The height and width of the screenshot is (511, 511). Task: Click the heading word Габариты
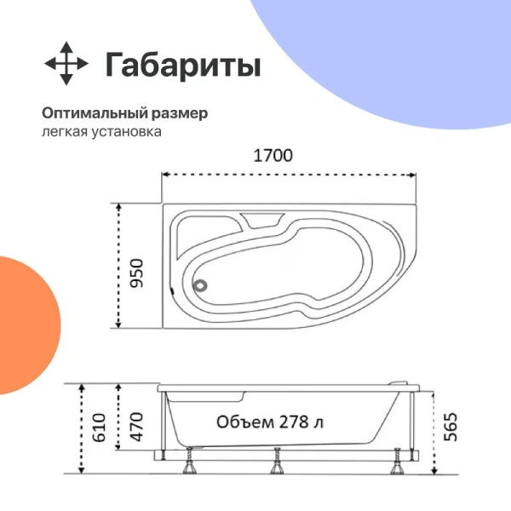[x=182, y=65]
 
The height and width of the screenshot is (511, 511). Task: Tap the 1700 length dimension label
[x=273, y=156]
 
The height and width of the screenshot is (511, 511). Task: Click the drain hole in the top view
[x=202, y=287]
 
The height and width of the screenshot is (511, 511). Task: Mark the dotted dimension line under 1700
[x=290, y=176]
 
